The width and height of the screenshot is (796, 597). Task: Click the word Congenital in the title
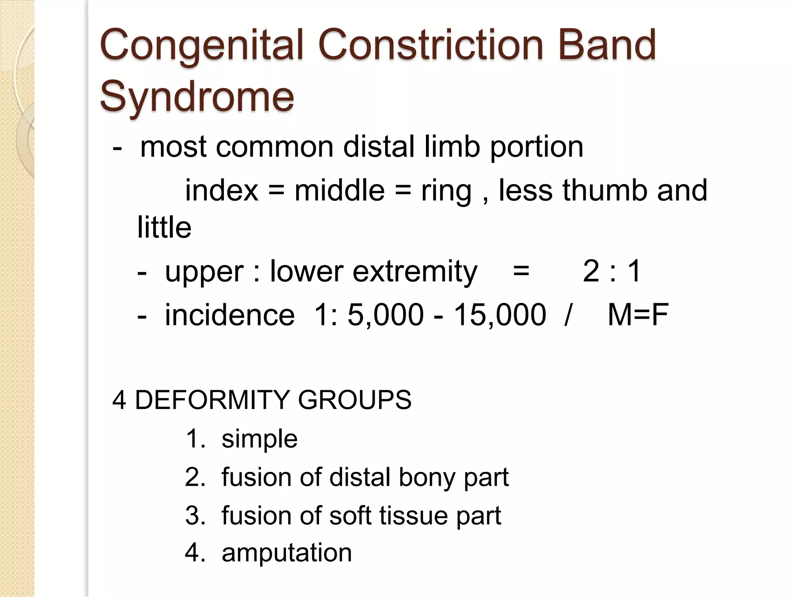click(x=201, y=46)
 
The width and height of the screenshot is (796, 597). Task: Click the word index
click(x=222, y=190)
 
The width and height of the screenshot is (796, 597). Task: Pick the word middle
click(x=339, y=190)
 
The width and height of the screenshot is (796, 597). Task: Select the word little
click(x=164, y=227)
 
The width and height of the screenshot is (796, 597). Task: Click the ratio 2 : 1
click(x=612, y=271)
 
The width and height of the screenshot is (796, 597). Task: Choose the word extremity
click(x=415, y=272)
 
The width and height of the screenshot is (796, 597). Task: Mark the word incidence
click(x=230, y=314)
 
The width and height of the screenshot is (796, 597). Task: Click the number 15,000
click(x=500, y=314)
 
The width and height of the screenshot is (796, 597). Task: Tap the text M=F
click(x=638, y=314)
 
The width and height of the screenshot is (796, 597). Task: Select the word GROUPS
click(x=354, y=400)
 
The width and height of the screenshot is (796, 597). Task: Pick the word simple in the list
click(x=259, y=440)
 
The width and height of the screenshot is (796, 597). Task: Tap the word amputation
click(x=286, y=553)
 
